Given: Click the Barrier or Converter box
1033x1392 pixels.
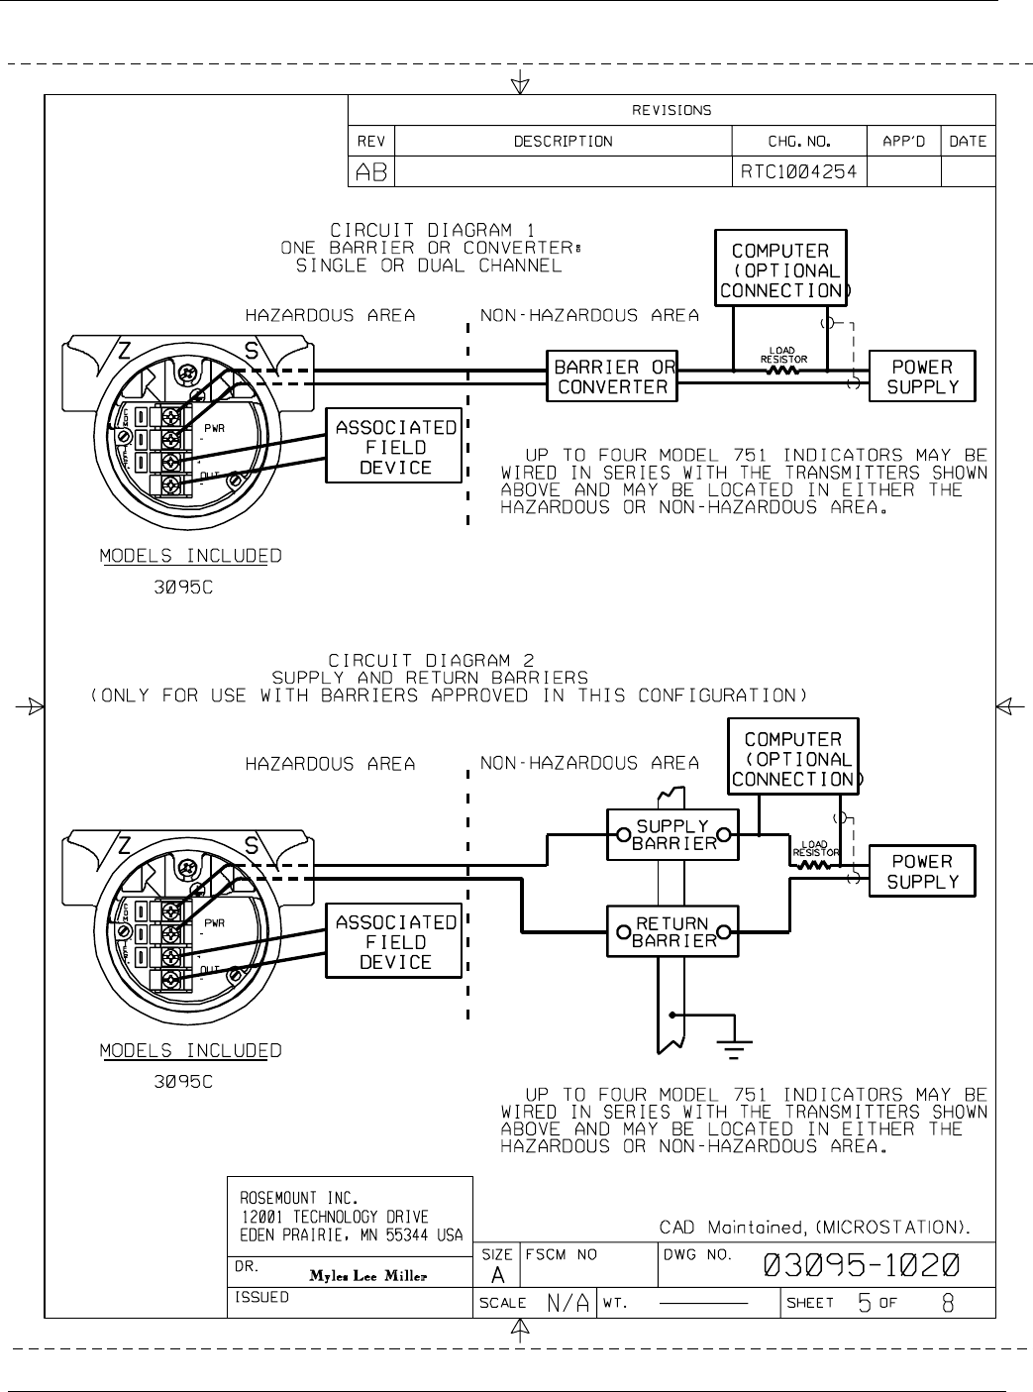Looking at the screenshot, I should (612, 376).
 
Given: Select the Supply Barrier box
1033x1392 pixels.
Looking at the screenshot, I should (673, 834).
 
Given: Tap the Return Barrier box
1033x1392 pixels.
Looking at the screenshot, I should (673, 932).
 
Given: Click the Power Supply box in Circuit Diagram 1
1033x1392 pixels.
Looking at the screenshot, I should (922, 376).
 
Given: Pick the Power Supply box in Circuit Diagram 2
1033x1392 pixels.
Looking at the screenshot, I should (922, 871).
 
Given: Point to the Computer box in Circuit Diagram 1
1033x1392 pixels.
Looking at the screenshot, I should (780, 269).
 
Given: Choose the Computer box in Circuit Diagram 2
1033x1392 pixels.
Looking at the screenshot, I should (793, 759).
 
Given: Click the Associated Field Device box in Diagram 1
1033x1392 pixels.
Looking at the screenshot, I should (395, 447).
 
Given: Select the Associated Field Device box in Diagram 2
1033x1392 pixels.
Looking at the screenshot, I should (395, 941).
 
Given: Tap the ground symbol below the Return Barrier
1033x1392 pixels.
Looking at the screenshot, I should (734, 1041).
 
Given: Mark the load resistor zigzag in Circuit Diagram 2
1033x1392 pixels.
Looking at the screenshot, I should (814, 865).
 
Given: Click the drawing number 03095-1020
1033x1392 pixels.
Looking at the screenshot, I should (861, 1265).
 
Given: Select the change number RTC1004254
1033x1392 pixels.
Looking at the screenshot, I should (799, 172).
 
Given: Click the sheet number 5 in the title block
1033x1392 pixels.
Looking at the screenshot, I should (864, 1304).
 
